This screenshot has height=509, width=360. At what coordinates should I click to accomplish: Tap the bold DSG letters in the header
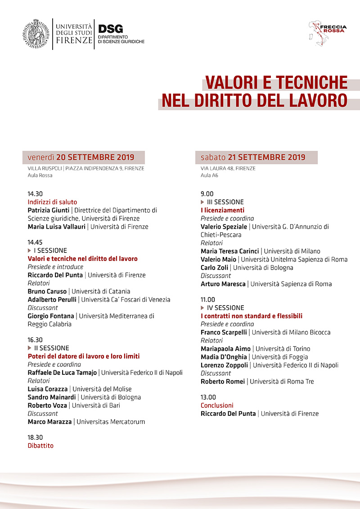click(x=110, y=29)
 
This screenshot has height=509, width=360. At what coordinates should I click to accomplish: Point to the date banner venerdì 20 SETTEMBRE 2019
click(x=84, y=157)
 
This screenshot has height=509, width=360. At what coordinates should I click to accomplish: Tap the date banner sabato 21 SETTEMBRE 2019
click(x=256, y=157)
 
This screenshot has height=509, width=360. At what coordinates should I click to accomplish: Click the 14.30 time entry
click(x=35, y=194)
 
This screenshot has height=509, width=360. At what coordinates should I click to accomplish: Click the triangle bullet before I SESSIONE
click(x=30, y=251)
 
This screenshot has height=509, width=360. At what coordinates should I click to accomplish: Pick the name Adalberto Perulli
click(x=52, y=299)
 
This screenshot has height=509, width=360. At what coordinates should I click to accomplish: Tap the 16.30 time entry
click(x=35, y=340)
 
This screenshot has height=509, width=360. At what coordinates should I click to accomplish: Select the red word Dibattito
click(x=40, y=446)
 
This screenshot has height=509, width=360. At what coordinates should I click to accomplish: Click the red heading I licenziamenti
click(x=222, y=210)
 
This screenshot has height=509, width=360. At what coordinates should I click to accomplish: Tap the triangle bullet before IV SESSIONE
click(x=203, y=308)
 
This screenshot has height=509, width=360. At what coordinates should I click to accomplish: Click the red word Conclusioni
click(x=217, y=405)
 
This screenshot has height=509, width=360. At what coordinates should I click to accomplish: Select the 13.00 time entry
click(x=208, y=397)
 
